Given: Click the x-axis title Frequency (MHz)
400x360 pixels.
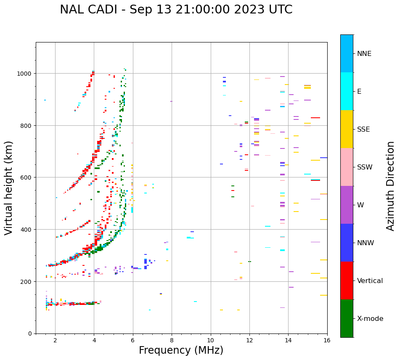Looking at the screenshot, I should (181, 350).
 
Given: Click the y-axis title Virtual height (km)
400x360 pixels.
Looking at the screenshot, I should (9, 188).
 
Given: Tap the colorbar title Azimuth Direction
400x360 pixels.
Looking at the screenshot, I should (390, 186).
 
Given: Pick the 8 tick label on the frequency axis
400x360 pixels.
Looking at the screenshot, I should (172, 341).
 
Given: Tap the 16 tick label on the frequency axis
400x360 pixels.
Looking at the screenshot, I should (327, 341).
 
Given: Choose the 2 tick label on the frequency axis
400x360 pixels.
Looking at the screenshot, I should (55, 341).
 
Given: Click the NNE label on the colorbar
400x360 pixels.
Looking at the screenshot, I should (364, 53).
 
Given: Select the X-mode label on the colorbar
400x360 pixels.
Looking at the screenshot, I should (370, 318).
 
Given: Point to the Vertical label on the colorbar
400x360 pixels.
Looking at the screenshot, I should (370, 281).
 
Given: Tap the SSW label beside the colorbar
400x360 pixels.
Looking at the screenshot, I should (365, 167).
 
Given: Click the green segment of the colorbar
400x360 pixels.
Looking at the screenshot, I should (347, 318).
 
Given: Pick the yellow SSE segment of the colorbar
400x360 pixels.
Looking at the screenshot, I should (347, 129).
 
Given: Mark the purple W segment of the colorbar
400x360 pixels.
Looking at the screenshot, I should (347, 205).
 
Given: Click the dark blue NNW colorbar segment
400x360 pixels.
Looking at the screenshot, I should (347, 243).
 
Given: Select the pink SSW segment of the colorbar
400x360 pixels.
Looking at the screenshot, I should (347, 167).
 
